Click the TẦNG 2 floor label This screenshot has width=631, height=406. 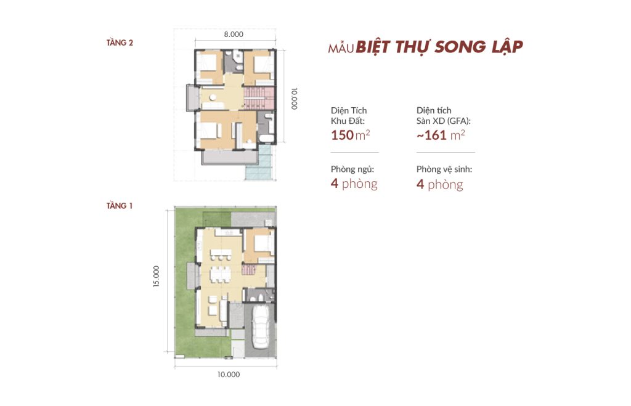(x=120, y=43)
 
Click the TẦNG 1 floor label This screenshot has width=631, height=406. (x=119, y=206)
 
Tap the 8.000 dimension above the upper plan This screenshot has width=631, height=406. (x=234, y=35)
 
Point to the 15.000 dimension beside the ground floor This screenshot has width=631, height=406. (x=156, y=276)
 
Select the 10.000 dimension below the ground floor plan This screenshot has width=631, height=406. (x=229, y=374)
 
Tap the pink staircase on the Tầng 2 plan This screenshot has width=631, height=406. (x=259, y=98)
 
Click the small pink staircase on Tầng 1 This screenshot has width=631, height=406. (x=249, y=269)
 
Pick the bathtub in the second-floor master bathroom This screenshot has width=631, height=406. (x=266, y=139)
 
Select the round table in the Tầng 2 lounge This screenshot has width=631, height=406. (x=212, y=97)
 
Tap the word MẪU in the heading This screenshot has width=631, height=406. (x=341, y=48)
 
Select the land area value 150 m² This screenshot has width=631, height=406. (x=350, y=135)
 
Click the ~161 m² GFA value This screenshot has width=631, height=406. (x=441, y=135)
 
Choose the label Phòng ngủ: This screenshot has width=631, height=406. (x=352, y=169)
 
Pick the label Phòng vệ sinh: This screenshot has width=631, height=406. (x=444, y=169)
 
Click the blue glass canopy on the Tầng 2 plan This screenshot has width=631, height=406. (x=260, y=162)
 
